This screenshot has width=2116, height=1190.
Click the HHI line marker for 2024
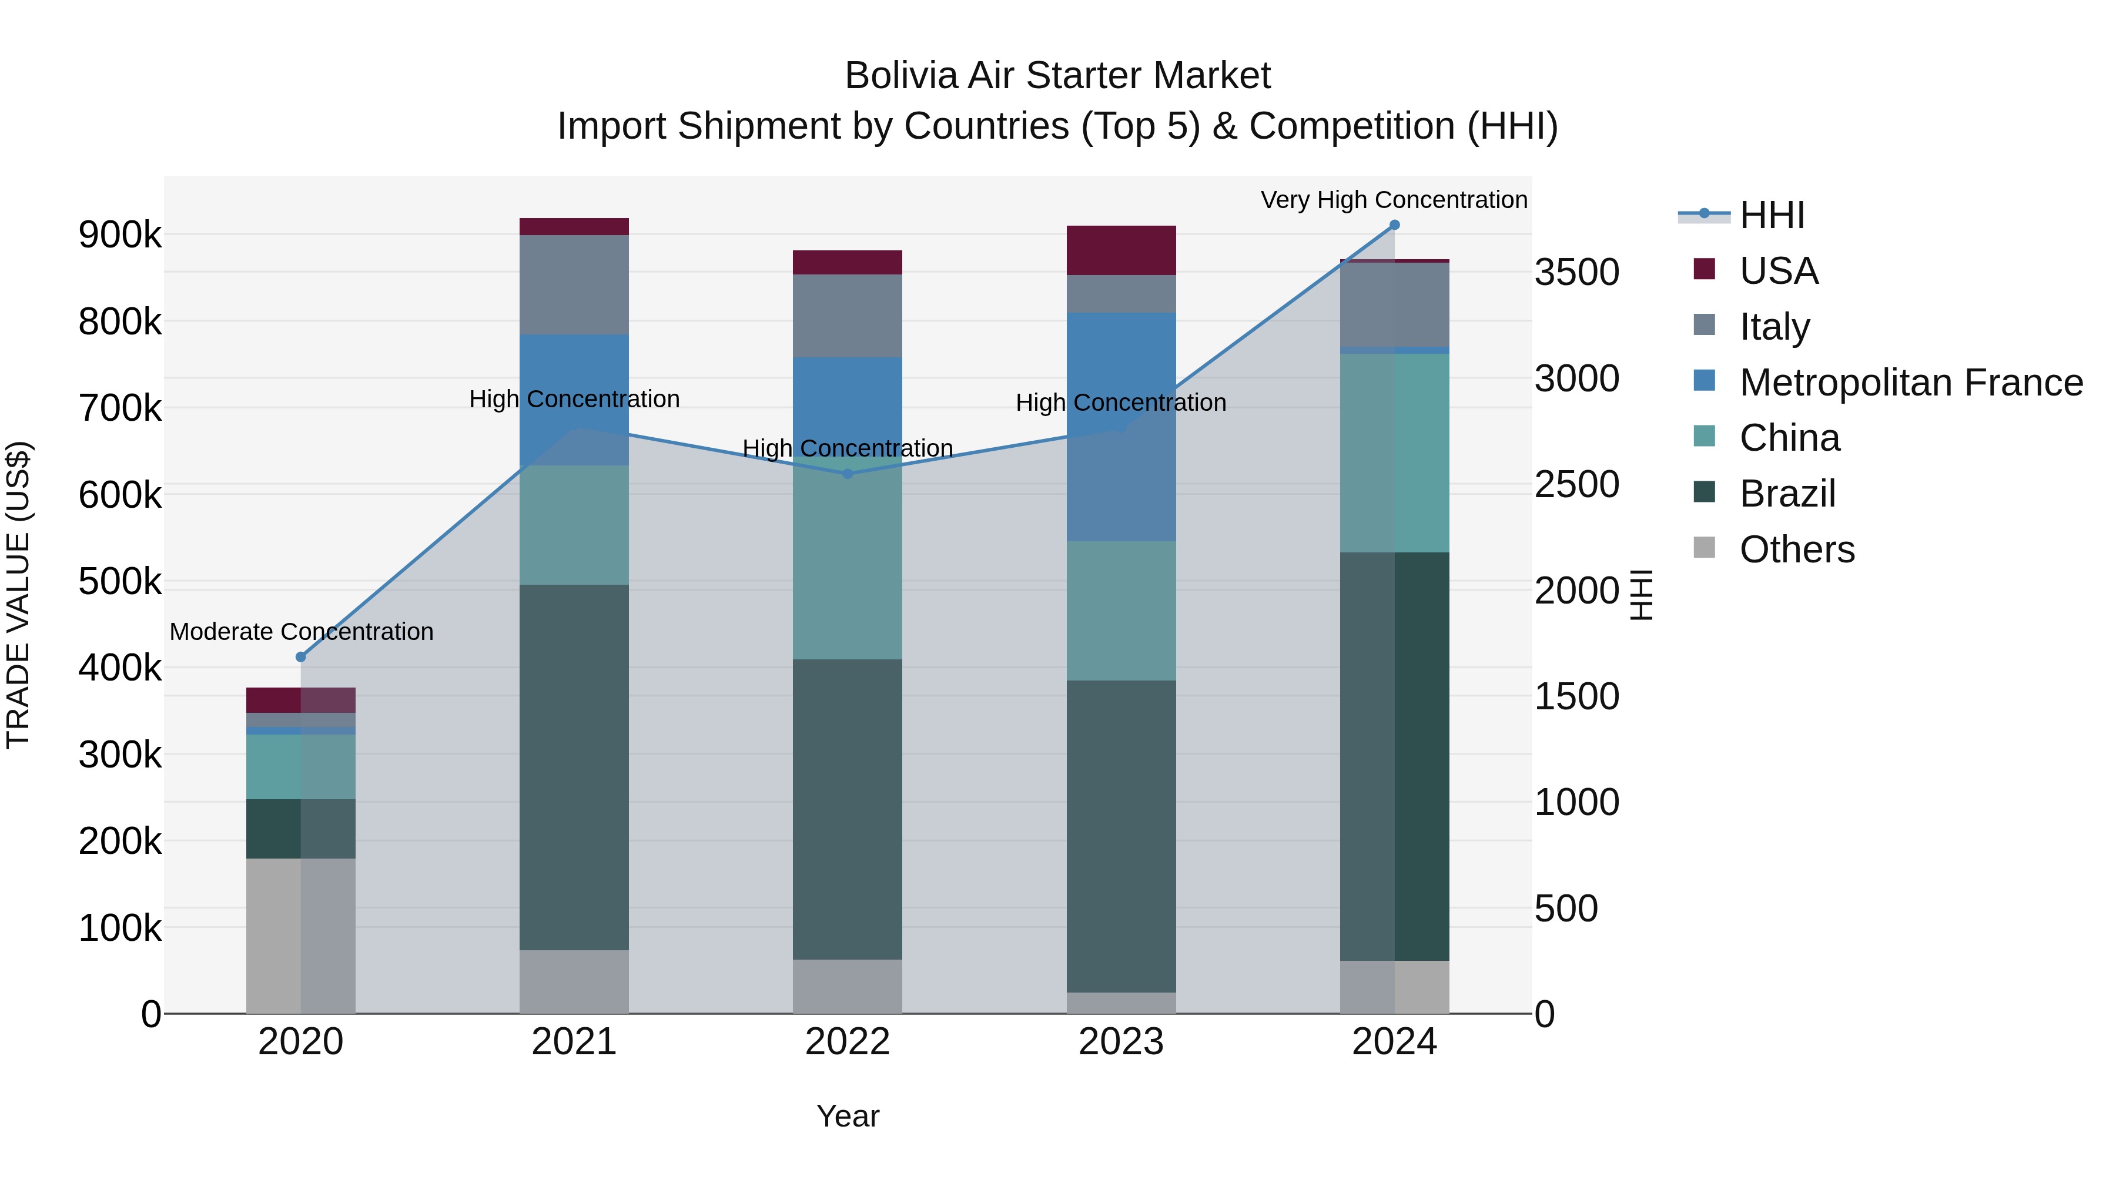(1394, 225)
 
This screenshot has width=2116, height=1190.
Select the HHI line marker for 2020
(300, 657)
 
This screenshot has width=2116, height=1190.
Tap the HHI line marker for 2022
(848, 474)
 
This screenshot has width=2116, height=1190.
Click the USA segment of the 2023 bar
(1121, 250)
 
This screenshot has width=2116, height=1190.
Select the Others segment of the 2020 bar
(300, 936)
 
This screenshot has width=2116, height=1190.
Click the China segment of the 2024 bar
(1394, 453)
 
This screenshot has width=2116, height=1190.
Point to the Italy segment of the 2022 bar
(848, 316)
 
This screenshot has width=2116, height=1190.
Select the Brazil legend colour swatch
(1705, 493)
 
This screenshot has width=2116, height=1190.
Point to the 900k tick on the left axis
(120, 236)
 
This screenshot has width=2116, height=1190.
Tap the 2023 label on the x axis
(1121, 1042)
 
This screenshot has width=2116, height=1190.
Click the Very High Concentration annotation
(1394, 200)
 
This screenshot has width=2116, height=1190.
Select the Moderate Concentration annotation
(302, 632)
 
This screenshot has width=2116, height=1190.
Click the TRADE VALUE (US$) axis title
(18, 595)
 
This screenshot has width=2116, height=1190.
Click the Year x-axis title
(848, 1116)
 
